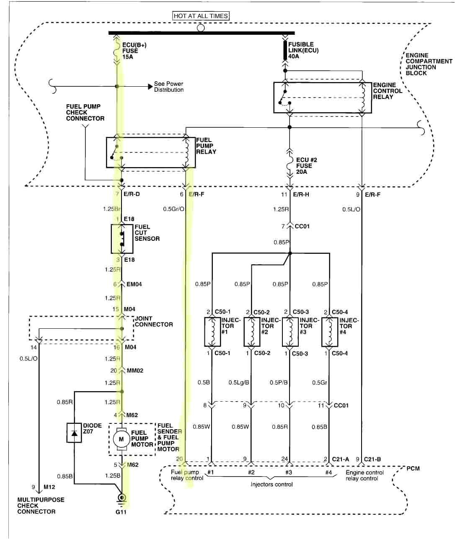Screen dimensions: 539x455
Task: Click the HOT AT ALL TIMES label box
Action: click(201, 16)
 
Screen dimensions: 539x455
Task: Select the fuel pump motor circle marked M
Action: click(122, 439)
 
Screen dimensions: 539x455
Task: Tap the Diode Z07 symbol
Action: click(75, 433)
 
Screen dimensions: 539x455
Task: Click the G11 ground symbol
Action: click(122, 498)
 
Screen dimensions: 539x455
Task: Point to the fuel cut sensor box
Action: click(122, 239)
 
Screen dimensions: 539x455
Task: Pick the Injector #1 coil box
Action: click(212, 332)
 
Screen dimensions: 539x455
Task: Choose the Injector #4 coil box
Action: click(330, 332)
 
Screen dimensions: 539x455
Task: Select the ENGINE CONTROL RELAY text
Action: click(387, 91)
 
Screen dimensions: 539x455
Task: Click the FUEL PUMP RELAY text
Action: click(206, 146)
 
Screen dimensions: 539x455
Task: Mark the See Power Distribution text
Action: click(168, 87)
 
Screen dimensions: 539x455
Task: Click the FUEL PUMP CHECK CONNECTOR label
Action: click(85, 113)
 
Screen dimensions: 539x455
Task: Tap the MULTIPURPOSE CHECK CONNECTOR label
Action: click(41, 505)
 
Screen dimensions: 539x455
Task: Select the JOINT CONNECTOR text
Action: click(153, 322)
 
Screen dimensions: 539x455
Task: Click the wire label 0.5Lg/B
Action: click(239, 382)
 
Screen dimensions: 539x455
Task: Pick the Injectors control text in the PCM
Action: click(271, 485)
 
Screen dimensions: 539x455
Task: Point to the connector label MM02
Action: click(135, 371)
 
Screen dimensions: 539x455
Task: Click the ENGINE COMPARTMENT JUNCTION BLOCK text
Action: click(428, 64)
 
